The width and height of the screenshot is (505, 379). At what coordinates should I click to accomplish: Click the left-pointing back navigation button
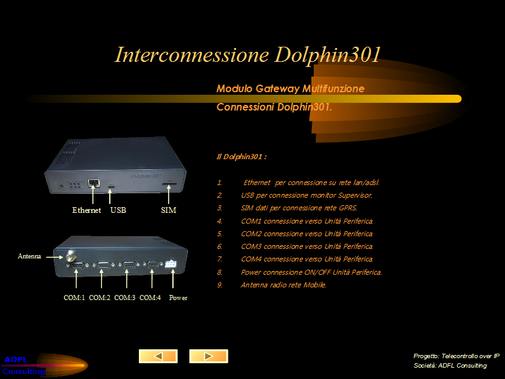[x=158, y=356]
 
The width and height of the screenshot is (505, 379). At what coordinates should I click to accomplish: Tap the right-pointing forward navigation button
[x=209, y=356]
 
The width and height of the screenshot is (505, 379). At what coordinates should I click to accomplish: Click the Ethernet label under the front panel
[x=86, y=210]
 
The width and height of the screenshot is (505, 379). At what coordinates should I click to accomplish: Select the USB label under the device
[x=118, y=210]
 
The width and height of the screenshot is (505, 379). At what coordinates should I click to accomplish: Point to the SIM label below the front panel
[x=169, y=210]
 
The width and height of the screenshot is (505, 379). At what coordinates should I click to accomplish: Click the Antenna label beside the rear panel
[x=29, y=256]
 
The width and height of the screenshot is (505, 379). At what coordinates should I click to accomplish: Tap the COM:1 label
[x=74, y=298]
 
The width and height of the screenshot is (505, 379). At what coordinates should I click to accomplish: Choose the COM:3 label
[x=124, y=298]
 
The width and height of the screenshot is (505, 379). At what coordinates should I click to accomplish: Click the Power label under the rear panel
[x=178, y=298]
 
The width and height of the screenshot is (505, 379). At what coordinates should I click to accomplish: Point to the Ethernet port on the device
[x=93, y=183]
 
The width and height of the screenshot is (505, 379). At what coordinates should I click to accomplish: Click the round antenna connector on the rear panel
[x=71, y=256]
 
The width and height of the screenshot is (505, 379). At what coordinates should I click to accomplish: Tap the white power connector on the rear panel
[x=170, y=263]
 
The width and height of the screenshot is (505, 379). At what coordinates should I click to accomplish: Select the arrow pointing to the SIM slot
[x=169, y=194]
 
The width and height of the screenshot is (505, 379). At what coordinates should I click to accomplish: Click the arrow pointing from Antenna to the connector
[x=55, y=257]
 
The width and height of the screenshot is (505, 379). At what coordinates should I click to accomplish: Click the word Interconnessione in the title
[x=192, y=54]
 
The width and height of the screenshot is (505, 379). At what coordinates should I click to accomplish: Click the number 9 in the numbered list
[x=220, y=285]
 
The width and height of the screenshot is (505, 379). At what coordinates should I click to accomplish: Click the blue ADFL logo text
[x=16, y=359]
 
